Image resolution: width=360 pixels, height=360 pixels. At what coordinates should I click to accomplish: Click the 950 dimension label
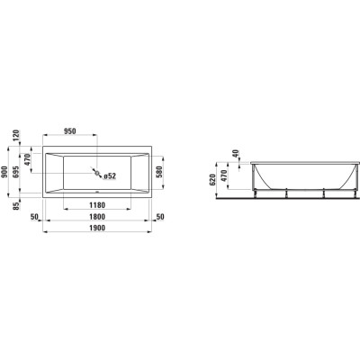coord(69,131)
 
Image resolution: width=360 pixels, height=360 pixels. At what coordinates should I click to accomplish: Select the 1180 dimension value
coord(97,205)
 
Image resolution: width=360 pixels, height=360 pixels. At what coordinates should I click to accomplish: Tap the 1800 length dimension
coord(97,217)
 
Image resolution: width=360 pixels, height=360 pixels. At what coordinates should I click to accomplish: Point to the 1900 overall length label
coord(97,228)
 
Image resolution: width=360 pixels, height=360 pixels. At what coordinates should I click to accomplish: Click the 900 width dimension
coord(5,172)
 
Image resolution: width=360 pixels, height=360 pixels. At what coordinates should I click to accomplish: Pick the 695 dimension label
coord(16,172)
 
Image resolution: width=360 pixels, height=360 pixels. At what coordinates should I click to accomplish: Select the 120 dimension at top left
coord(16,136)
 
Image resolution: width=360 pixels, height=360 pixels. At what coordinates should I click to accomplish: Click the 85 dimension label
coord(16,205)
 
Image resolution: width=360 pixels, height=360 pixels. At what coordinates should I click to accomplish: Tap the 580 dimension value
coord(159,172)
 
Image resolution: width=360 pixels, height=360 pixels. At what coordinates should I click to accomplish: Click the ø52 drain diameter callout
coord(110,176)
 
